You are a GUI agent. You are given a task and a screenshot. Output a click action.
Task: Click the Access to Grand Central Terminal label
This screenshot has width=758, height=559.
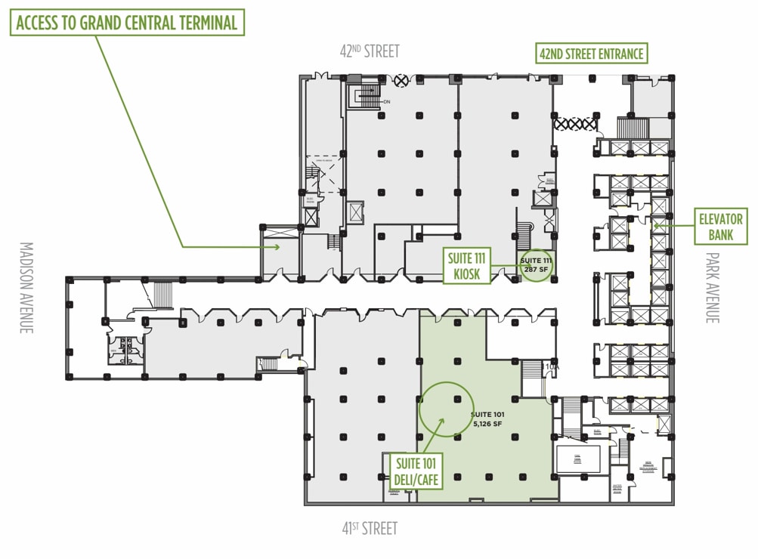[126, 23]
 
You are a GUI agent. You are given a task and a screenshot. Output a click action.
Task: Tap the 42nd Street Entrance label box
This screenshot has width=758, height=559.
[591, 54]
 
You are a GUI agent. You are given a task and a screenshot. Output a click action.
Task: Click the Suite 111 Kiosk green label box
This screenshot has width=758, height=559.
[467, 267]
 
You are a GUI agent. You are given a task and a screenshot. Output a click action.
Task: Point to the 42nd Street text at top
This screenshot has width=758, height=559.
[370, 51]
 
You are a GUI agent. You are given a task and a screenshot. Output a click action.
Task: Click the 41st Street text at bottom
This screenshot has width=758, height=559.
[370, 528]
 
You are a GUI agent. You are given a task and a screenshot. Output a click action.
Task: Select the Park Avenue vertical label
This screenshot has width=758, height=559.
[712, 288]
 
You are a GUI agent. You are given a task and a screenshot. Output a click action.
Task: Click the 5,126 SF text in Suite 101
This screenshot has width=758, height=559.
[487, 424]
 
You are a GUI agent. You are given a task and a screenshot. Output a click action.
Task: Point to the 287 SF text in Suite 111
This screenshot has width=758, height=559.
[536, 269]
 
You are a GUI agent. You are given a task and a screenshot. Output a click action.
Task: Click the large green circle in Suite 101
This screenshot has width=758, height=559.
[446, 409]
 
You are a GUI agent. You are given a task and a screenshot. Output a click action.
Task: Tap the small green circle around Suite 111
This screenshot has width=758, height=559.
[537, 265]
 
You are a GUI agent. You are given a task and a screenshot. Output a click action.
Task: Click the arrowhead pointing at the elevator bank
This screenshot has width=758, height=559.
[657, 224]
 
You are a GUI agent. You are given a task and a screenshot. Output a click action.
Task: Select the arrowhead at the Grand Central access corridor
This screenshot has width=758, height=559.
[277, 246]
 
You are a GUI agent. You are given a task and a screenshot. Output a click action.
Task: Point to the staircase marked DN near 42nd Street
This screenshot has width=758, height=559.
[368, 96]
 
